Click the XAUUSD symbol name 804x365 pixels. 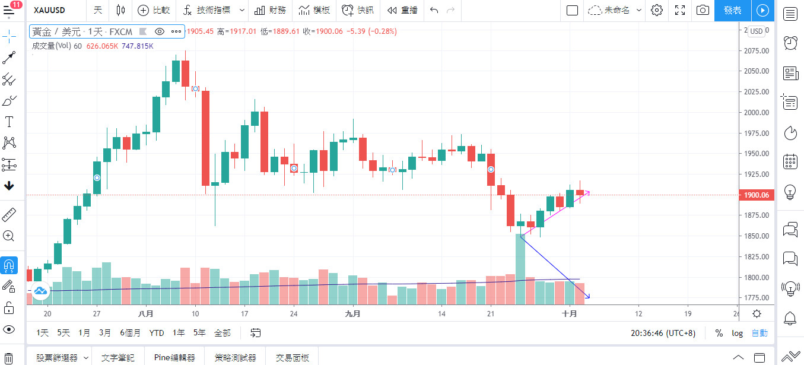(x=50, y=10)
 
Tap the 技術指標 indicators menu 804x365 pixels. (x=213, y=10)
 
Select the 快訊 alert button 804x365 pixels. (x=358, y=10)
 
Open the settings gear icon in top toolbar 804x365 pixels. (x=656, y=10)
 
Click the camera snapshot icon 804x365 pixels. (x=703, y=10)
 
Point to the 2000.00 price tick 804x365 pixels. (x=756, y=112)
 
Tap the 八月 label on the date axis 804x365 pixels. (x=145, y=313)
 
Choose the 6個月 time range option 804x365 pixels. (x=130, y=333)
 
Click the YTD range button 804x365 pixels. (x=157, y=333)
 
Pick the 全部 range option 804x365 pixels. (x=222, y=333)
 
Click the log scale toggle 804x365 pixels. (x=737, y=333)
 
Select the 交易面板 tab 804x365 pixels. (x=293, y=357)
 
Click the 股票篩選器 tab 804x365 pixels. (x=57, y=357)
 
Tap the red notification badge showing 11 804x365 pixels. (x=16, y=4)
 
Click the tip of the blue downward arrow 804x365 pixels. (x=589, y=298)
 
